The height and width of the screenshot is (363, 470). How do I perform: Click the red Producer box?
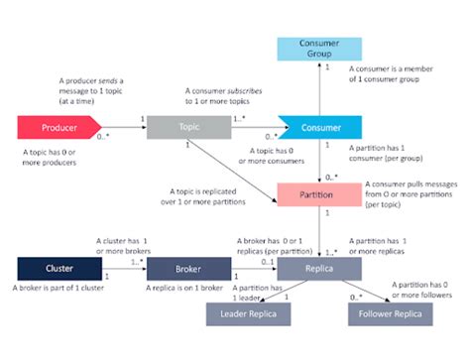pyautogui.click(x=59, y=127)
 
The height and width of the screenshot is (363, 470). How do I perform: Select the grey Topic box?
pyautogui.click(x=181, y=127)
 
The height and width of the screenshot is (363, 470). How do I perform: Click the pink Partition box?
pyautogui.click(x=318, y=194)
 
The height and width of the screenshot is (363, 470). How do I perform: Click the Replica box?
pyautogui.click(x=318, y=269)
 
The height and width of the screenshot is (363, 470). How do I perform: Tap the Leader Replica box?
pyautogui.click(x=248, y=315)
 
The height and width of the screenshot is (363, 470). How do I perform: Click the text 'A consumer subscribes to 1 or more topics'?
pyautogui.click(x=222, y=95)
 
